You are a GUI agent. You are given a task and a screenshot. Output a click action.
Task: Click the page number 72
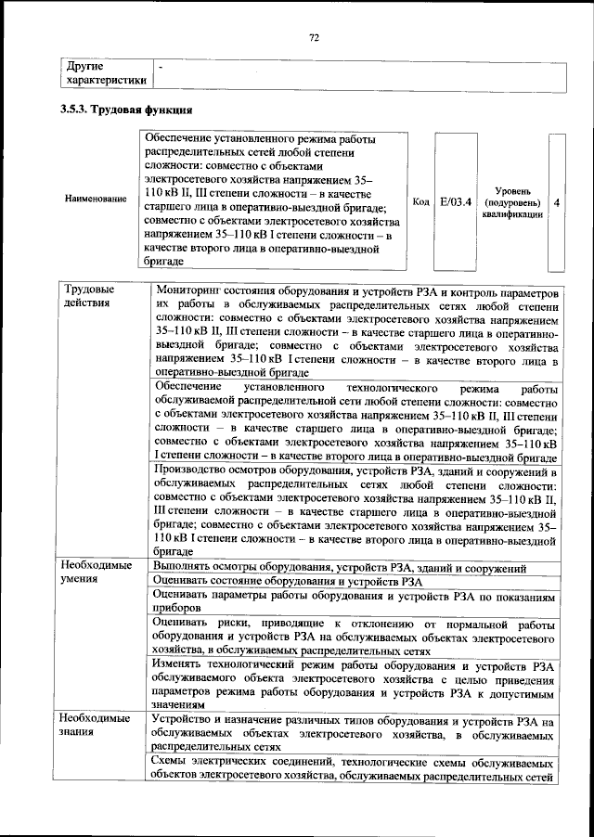(313, 37)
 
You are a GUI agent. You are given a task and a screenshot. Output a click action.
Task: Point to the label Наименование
(96, 200)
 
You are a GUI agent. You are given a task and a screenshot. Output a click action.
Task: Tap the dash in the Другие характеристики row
(161, 68)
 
